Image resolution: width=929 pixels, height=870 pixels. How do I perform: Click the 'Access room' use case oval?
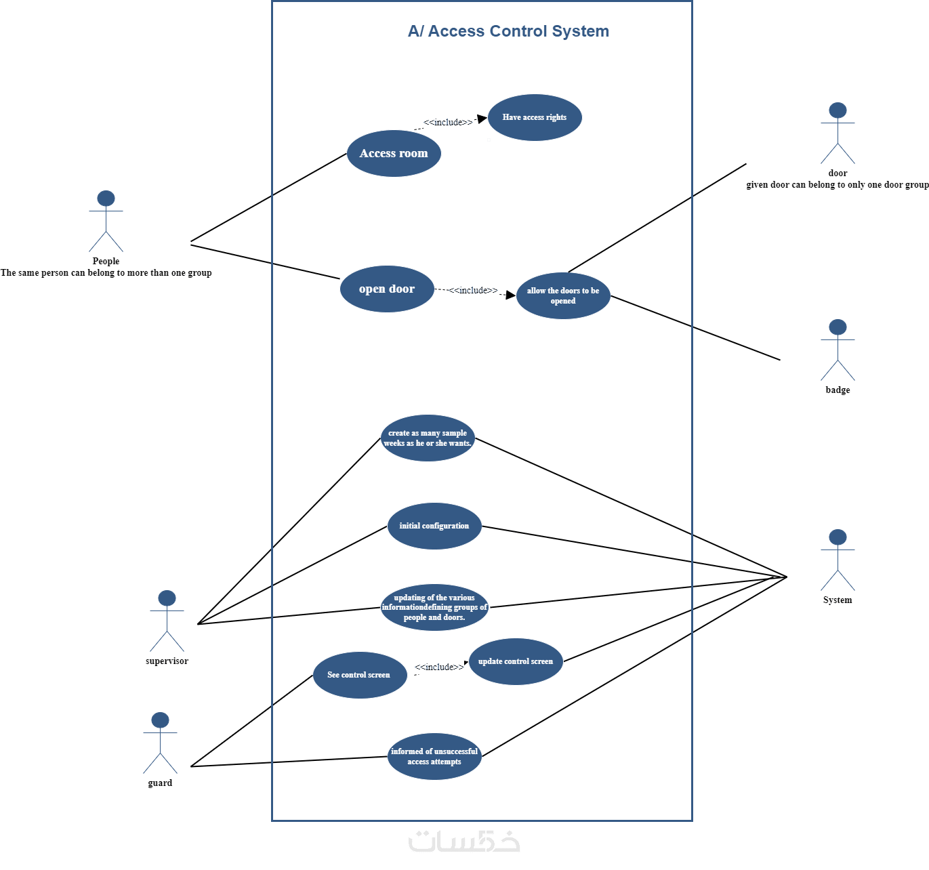(394, 154)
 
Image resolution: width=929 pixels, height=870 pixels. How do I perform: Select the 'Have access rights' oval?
(535, 118)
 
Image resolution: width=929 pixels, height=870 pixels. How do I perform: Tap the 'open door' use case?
(387, 289)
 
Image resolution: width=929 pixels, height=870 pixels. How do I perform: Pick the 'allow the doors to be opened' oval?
(563, 295)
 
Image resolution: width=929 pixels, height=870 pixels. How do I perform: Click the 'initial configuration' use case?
(434, 526)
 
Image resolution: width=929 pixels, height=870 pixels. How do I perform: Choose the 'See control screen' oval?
(360, 675)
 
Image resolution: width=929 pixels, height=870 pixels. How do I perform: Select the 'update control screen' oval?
(516, 661)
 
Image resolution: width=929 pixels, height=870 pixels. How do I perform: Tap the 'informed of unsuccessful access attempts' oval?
(434, 756)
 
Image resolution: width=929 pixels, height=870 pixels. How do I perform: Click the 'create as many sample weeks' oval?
(428, 438)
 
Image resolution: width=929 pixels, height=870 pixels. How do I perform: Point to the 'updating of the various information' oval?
(434, 607)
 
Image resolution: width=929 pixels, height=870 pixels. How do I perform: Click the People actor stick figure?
(106, 222)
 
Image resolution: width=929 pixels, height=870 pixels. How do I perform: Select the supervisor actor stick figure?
(167, 621)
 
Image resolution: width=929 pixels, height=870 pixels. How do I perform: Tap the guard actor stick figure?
(160, 743)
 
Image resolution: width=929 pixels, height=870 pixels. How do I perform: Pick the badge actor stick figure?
(838, 350)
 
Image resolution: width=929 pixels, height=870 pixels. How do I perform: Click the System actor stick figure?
(838, 560)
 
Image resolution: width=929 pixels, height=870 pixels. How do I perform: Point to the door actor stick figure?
(838, 133)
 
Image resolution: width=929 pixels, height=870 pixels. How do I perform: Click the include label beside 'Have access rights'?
(448, 122)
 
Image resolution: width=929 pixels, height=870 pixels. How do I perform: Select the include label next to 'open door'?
(473, 290)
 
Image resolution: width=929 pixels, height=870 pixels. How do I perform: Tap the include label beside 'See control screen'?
(439, 667)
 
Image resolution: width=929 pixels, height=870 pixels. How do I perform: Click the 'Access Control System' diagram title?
(508, 31)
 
